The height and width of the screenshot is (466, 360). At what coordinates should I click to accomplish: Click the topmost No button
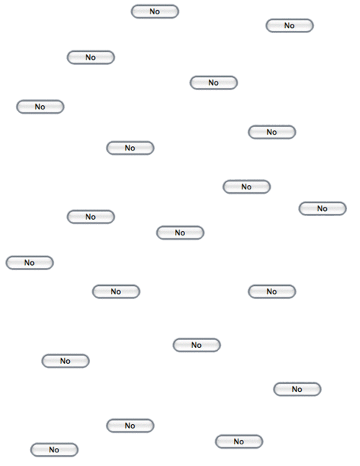tap(155, 12)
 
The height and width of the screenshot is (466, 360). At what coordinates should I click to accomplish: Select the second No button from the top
tap(289, 25)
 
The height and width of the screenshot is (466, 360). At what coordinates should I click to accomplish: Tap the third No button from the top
tap(91, 58)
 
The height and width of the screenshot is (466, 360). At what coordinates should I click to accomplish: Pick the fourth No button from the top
tap(214, 83)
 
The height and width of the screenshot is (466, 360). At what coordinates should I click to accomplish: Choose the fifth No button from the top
tap(40, 107)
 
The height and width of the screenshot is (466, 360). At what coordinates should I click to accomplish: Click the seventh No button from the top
tap(130, 148)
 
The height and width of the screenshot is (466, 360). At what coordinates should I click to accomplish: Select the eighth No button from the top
tap(246, 187)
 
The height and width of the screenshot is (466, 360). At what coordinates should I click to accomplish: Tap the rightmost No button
tap(323, 209)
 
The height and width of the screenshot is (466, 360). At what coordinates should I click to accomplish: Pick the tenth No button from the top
tap(91, 217)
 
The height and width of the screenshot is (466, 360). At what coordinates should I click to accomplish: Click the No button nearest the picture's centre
tap(180, 233)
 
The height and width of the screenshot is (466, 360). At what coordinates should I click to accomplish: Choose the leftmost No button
tap(30, 263)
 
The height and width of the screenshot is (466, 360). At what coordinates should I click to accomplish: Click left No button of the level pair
tap(116, 292)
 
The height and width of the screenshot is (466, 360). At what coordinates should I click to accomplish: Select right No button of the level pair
tap(271, 292)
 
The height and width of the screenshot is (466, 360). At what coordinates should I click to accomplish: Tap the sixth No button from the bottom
tap(197, 345)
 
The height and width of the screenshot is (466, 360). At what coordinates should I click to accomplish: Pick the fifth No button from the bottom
tap(66, 361)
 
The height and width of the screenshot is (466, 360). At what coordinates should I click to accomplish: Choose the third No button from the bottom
tap(130, 426)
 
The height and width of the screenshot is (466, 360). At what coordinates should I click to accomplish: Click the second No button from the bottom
tap(239, 442)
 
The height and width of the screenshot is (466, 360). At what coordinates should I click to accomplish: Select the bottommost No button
tap(54, 450)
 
